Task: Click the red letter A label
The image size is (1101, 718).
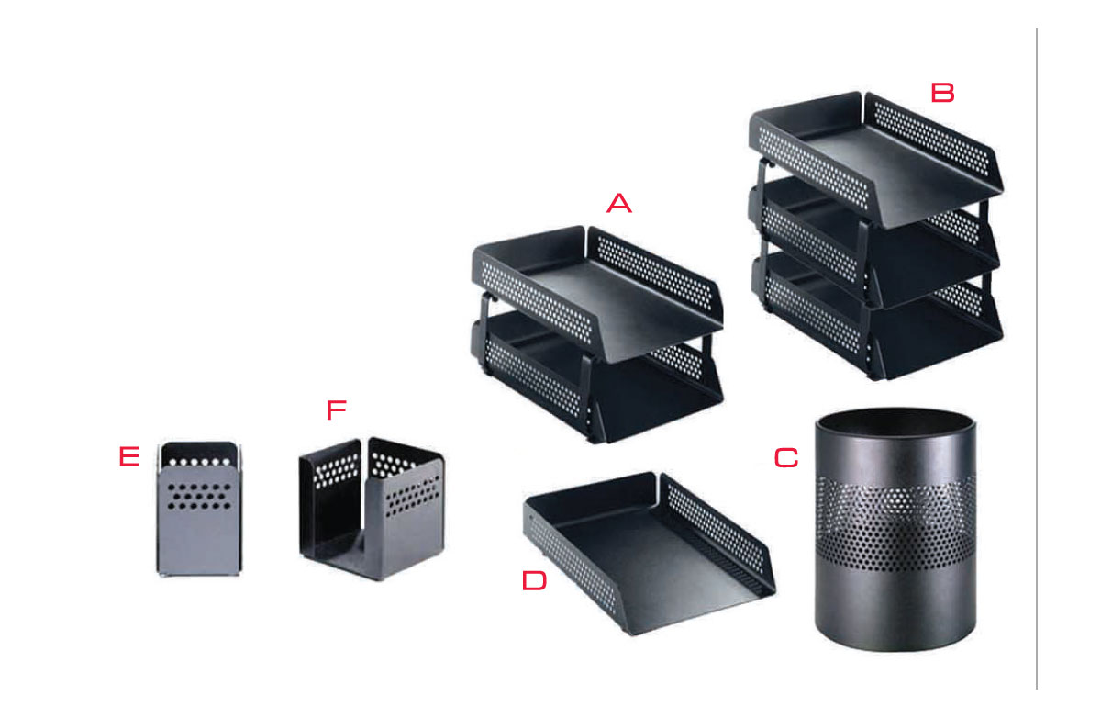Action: click(x=618, y=203)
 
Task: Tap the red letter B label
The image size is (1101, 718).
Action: click(x=943, y=93)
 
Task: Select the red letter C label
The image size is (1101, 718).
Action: click(x=786, y=458)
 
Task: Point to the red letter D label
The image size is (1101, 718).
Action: click(x=534, y=580)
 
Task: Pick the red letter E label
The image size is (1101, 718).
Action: click(x=129, y=456)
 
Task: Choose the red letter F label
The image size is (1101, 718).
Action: click(x=337, y=409)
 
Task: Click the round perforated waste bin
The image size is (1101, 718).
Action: click(x=895, y=529)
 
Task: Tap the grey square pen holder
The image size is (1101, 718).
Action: click(x=199, y=509)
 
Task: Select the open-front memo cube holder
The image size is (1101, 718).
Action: click(x=372, y=509)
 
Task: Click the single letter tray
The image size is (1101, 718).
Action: click(x=649, y=554)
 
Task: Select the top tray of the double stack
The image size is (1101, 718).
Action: click(x=597, y=294)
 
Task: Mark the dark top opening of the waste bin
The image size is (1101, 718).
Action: click(x=895, y=421)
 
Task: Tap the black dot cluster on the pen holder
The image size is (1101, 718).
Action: click(x=199, y=496)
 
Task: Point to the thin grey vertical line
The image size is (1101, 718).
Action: click(x=1037, y=359)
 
